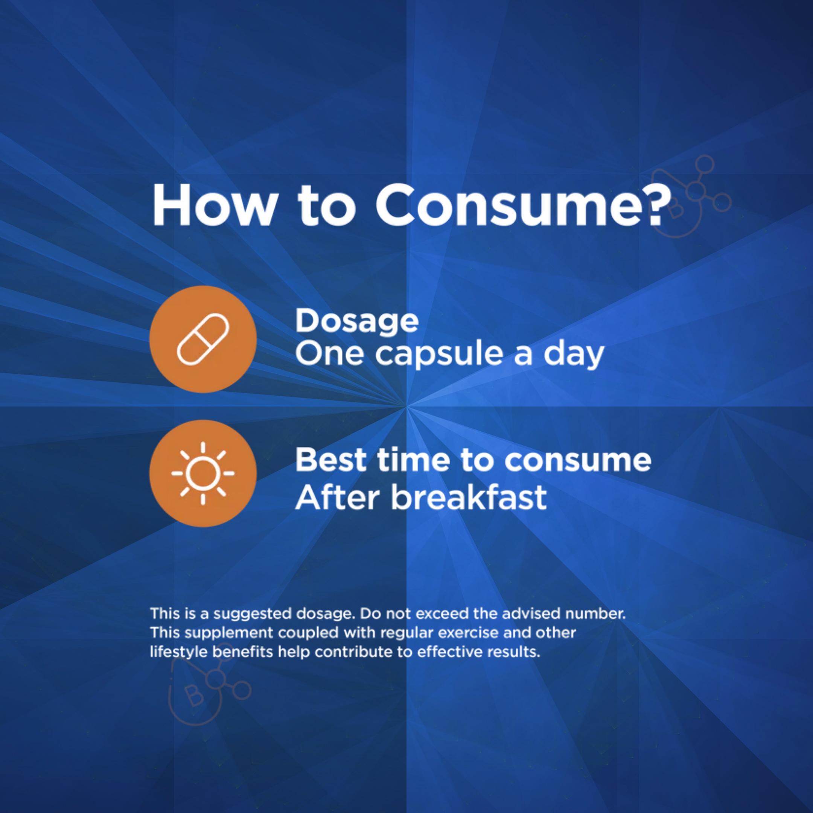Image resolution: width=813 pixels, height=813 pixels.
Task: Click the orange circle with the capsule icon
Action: [203, 339]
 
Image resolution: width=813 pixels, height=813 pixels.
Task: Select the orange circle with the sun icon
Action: [203, 473]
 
